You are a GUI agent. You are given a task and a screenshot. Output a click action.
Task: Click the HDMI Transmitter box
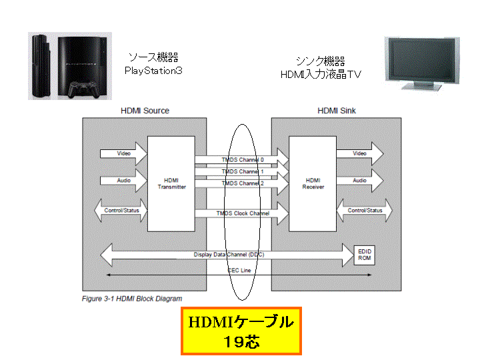click(171, 184)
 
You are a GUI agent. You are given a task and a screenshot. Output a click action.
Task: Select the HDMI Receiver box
click(313, 184)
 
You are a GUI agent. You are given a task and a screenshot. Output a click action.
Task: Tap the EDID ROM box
click(364, 255)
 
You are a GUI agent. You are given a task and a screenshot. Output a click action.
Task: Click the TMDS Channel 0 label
click(243, 160)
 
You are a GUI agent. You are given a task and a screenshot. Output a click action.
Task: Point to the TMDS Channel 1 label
click(243, 172)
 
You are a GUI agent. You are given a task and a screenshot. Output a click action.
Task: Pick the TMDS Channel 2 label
click(243, 183)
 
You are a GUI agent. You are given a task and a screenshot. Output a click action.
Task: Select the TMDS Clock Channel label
click(243, 213)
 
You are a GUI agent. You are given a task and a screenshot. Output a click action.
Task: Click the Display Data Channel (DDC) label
click(229, 255)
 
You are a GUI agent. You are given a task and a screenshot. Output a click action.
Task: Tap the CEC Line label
click(239, 270)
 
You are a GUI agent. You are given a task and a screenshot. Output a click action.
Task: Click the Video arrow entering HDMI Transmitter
click(124, 153)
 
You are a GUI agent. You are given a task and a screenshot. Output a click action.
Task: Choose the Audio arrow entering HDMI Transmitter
click(124, 181)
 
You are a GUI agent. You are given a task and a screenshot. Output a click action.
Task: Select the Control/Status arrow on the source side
click(121, 210)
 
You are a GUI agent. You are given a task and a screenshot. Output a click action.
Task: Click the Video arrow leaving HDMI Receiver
click(360, 153)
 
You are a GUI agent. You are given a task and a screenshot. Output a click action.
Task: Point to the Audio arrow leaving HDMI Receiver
click(360, 181)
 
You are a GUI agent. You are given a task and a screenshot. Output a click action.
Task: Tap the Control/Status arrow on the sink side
click(364, 210)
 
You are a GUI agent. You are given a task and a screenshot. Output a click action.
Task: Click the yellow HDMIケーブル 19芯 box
click(241, 331)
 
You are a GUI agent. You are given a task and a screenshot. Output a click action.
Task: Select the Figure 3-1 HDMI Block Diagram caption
click(132, 299)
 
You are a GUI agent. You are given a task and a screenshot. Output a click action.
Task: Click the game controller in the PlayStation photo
click(83, 89)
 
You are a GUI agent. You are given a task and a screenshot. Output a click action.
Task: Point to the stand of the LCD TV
click(421, 86)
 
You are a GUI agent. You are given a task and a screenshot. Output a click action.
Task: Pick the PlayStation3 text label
click(153, 71)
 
